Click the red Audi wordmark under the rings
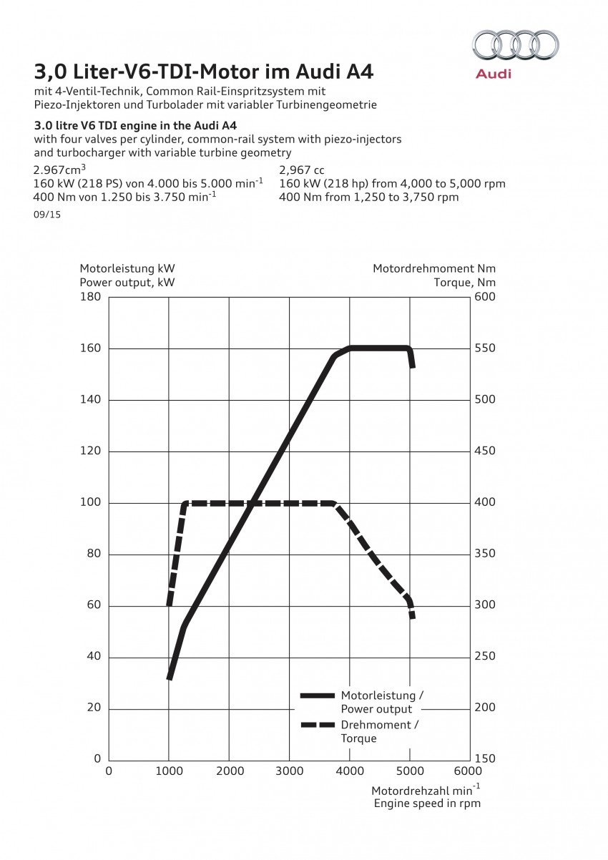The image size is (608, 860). [494, 74]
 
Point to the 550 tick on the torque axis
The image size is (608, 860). [486, 348]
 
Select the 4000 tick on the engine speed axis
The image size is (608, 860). [349, 771]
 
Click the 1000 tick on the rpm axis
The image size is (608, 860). [169, 771]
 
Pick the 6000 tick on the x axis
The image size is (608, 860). [469, 771]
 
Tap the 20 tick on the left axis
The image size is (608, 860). [93, 708]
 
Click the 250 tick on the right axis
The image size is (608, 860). [486, 657]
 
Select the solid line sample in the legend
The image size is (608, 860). [317, 695]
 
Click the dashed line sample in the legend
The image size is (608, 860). [317, 725]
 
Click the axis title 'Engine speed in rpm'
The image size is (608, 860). [427, 803]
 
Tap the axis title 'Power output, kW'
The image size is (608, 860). [127, 282]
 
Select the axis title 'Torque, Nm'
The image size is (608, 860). [464, 282]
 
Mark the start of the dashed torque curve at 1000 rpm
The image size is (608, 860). [170, 604]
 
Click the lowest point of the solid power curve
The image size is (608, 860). [170, 677]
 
